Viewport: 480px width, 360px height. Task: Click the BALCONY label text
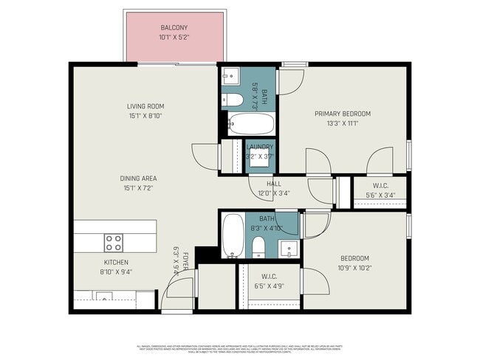pos(174,27)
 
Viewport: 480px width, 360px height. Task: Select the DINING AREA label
pos(140,178)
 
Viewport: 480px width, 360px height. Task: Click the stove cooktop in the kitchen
pos(113,241)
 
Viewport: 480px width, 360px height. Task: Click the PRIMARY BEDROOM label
pos(342,114)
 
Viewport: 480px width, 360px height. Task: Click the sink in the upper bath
pos(230,75)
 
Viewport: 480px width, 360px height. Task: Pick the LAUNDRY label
pos(259,147)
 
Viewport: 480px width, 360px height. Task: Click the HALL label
pos(274,184)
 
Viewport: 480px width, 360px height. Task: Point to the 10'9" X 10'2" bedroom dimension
pos(354,269)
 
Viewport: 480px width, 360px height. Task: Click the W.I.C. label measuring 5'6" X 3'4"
pos(380,185)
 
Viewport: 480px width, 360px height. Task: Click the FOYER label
pos(186,260)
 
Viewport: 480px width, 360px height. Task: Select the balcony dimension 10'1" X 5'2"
pos(174,37)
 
